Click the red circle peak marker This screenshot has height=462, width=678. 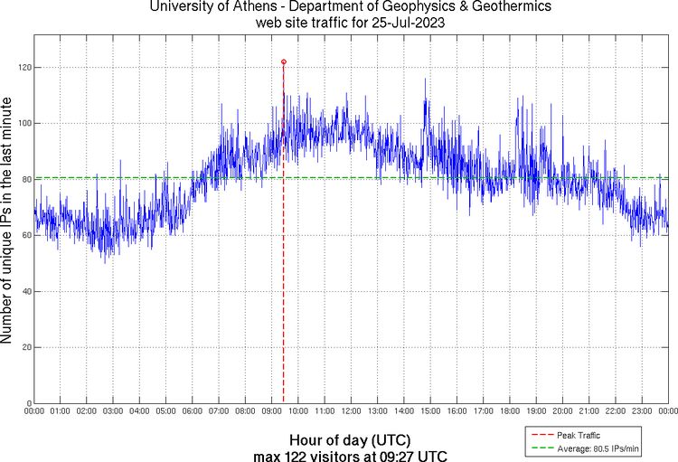(x=284, y=62)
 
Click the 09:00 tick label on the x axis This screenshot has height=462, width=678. (x=271, y=411)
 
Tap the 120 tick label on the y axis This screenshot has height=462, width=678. (x=23, y=68)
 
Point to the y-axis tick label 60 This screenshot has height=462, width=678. (x=25, y=235)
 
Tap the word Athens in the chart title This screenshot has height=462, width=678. (x=258, y=7)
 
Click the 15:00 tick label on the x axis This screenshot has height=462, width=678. (x=430, y=411)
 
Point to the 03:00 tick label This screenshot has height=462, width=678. (x=113, y=411)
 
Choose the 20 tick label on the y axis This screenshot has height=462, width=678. (x=25, y=347)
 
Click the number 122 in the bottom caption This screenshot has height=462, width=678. (x=290, y=456)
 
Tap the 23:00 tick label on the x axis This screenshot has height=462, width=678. (x=642, y=411)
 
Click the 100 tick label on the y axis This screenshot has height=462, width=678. (x=23, y=124)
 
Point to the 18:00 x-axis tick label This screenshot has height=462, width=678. (x=510, y=411)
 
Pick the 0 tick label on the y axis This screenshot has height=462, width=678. (x=28, y=403)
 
